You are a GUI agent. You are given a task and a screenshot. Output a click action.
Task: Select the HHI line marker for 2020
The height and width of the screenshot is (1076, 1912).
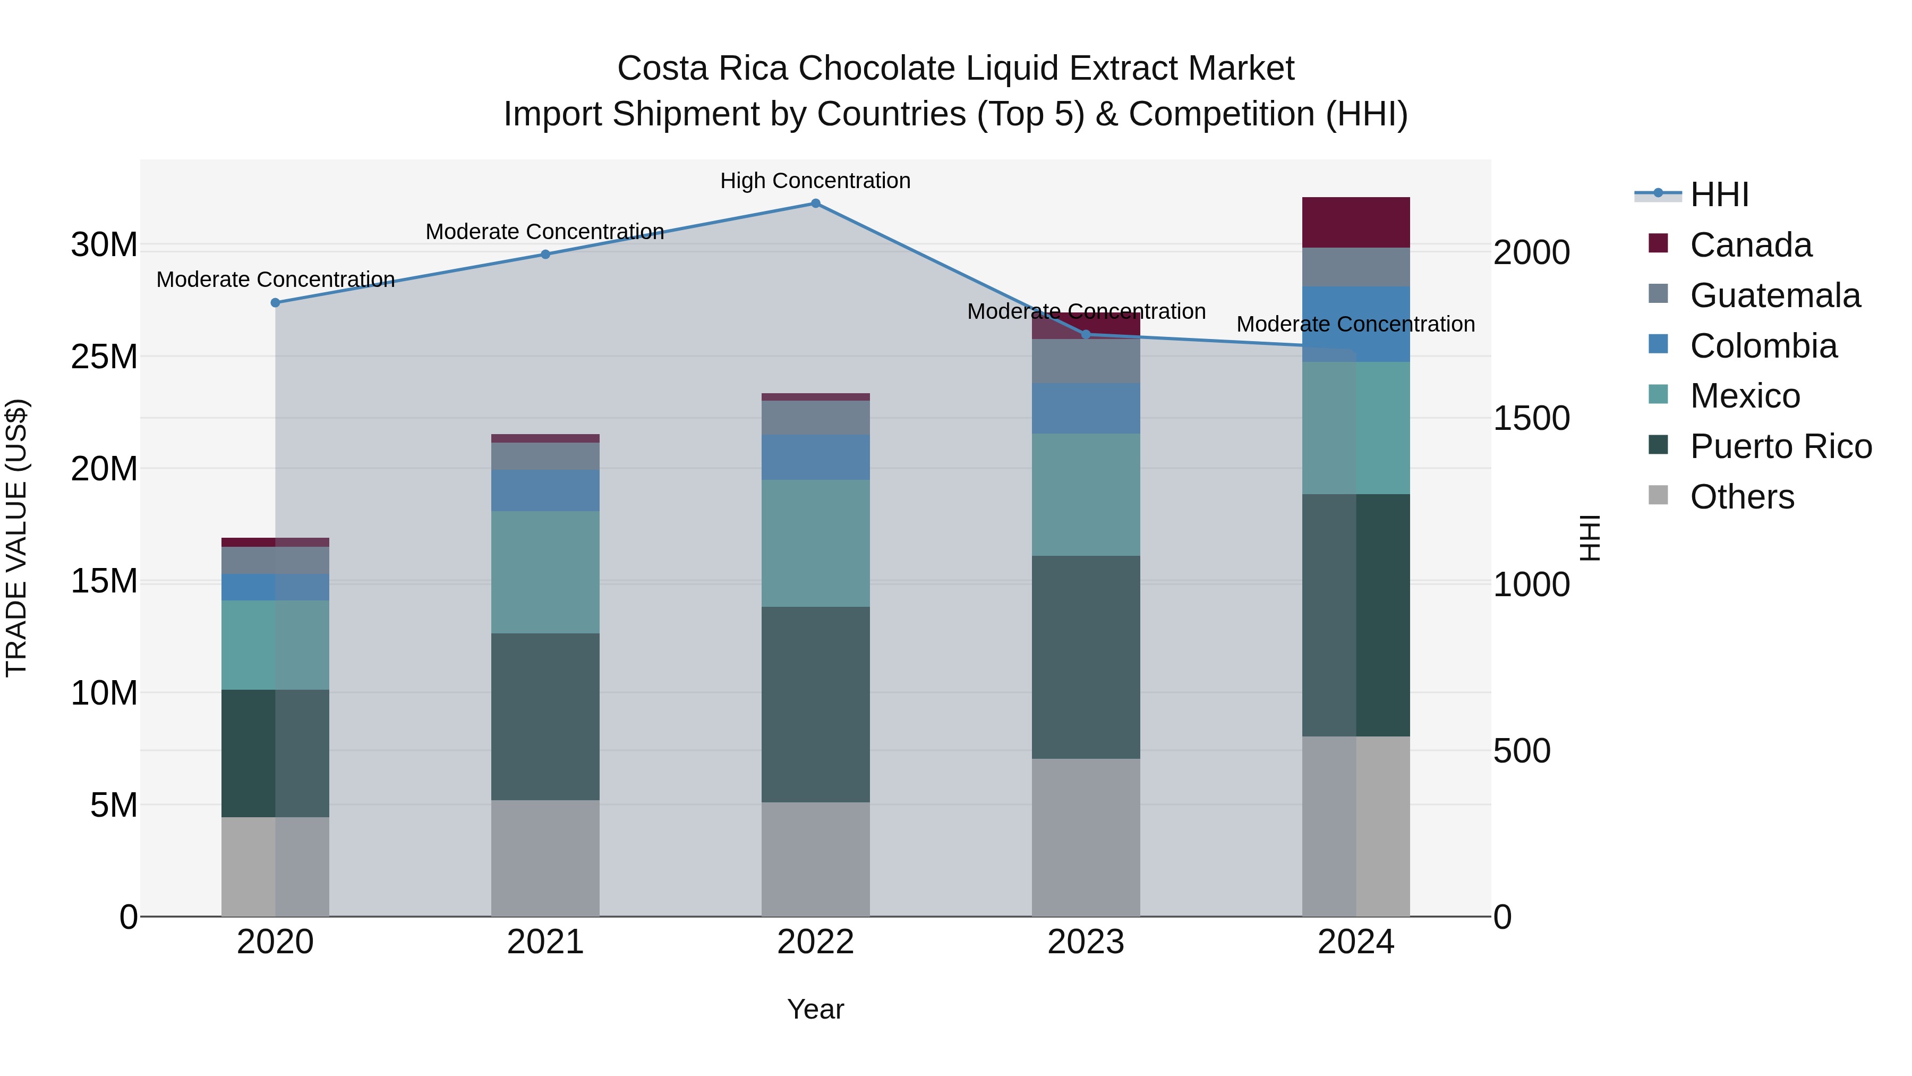pos(275,303)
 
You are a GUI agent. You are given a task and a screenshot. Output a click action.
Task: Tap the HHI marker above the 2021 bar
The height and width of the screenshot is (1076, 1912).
pos(545,255)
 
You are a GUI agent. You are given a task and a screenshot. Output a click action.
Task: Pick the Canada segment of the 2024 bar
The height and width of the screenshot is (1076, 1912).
pos(1356,223)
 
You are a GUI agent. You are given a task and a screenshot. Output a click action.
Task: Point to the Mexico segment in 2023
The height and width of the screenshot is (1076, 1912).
pos(1086,495)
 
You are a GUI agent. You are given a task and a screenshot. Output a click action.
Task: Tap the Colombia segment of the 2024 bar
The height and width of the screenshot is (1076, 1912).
pos(1356,325)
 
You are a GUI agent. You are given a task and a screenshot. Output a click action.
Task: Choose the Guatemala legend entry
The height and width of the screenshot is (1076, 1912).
pos(1774,295)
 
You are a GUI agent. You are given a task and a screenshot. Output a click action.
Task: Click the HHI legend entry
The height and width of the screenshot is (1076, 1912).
pos(1719,194)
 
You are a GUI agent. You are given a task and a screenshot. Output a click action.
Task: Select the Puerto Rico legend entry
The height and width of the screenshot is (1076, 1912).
pos(1781,447)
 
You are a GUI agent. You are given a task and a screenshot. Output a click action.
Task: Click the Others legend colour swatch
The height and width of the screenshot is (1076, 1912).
pos(1658,495)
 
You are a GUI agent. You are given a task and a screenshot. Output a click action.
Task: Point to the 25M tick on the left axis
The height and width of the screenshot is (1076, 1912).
pos(105,357)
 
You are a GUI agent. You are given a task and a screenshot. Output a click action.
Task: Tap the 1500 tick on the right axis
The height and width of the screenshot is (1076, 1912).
pos(1531,419)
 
